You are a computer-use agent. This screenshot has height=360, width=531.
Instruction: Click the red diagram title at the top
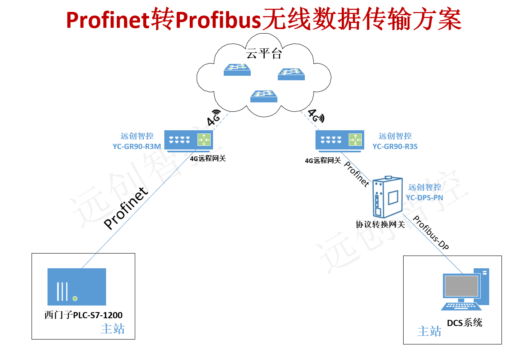264,19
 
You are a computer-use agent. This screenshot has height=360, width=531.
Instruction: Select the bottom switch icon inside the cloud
264,96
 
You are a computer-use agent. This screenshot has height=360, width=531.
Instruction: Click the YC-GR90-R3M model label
137,146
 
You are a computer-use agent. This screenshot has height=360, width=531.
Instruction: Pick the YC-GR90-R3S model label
395,146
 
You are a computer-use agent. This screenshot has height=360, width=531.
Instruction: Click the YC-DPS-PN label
424,197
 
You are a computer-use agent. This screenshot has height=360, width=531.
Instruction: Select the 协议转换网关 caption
380,224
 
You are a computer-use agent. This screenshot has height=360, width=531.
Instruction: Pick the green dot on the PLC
75,298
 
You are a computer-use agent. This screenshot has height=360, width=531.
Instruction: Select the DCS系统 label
465,323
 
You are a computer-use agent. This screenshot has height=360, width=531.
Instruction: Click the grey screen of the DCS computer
461,286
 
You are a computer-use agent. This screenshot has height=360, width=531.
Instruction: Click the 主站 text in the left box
113,329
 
